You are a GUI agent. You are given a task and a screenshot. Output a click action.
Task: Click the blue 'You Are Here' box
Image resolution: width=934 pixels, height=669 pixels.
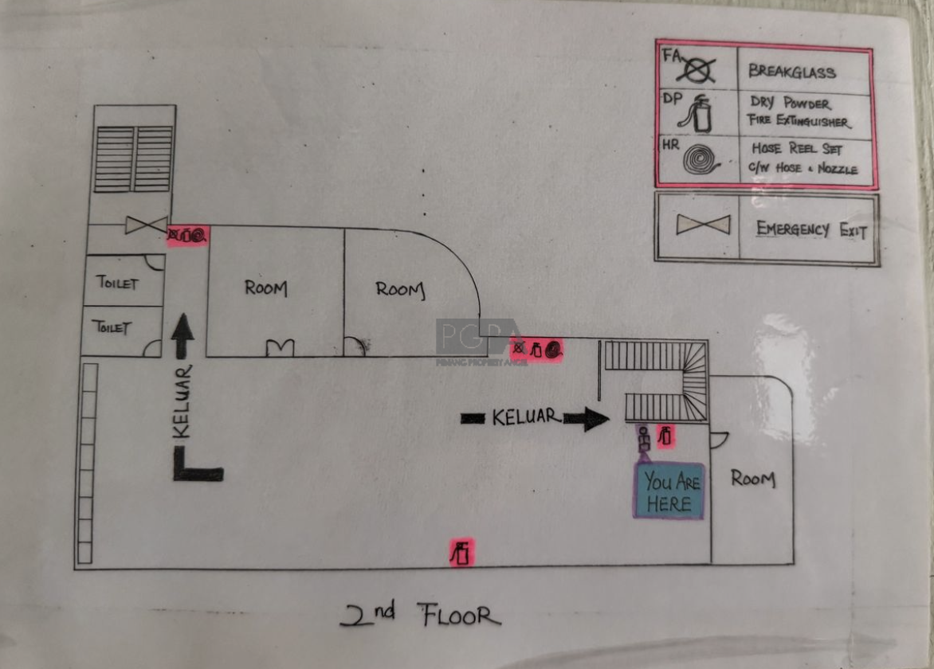tap(669, 491)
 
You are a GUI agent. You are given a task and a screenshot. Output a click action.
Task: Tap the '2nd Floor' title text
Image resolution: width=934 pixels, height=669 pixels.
tap(420, 615)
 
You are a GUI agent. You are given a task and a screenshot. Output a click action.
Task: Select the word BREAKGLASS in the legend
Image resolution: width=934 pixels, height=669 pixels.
tap(791, 72)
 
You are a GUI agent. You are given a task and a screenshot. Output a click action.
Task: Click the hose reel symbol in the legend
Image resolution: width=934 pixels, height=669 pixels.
tap(700, 159)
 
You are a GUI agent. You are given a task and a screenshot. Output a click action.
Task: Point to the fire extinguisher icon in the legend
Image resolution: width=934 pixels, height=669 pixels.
tap(697, 113)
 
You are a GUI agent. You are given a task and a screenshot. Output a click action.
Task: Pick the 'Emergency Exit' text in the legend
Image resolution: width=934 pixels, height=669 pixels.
tap(810, 229)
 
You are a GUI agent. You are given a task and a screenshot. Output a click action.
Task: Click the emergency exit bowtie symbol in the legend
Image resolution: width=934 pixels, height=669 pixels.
tap(703, 225)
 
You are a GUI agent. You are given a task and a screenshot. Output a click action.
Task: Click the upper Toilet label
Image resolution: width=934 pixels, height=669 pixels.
tap(116, 282)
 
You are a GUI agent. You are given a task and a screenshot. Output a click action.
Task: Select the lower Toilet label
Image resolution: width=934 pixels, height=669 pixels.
tap(112, 327)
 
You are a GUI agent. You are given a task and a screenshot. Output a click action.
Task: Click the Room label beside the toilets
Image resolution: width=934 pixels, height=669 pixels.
tap(265, 288)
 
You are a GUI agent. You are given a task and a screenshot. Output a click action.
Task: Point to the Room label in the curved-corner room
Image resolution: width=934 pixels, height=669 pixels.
tap(400, 290)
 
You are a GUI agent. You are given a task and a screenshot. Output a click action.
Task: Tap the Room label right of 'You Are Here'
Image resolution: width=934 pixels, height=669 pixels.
tap(753, 479)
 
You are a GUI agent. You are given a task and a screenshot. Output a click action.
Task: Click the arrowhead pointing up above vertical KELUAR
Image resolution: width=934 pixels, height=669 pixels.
tap(182, 331)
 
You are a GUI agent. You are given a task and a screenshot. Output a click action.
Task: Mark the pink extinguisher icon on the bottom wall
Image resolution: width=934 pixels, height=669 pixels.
tap(461, 553)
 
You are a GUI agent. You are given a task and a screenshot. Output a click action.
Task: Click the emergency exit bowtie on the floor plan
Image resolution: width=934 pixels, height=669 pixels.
tap(146, 225)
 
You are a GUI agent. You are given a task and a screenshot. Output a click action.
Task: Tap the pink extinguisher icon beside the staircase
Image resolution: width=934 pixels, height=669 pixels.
tap(665, 436)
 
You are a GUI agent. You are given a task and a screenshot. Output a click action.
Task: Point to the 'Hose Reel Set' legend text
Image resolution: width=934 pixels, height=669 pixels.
tap(797, 148)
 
